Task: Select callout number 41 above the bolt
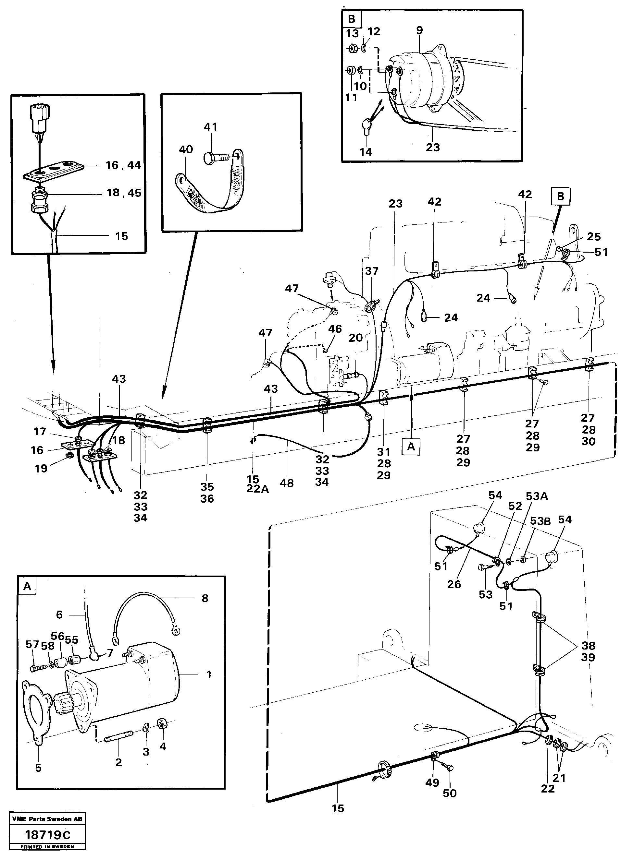click(210, 126)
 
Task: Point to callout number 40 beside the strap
click(186, 149)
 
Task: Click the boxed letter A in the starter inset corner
click(27, 587)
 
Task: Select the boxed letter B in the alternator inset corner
click(352, 19)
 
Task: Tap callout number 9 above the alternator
click(419, 30)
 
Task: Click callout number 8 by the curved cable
click(205, 598)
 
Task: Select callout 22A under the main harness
click(257, 489)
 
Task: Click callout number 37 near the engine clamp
click(372, 271)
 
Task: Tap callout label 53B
click(540, 521)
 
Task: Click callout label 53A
click(537, 496)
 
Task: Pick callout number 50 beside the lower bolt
click(450, 793)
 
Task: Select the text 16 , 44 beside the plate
click(123, 165)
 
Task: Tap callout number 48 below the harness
click(287, 483)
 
